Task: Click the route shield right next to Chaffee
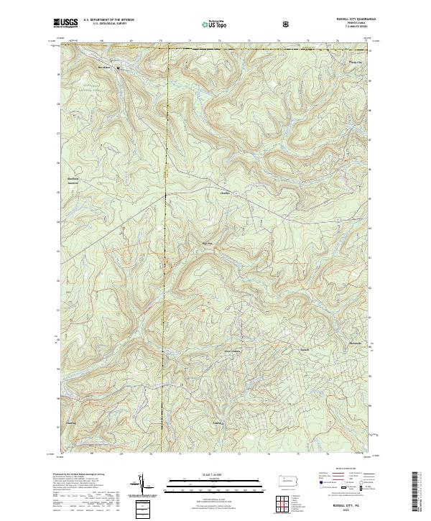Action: pos(235,194)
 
